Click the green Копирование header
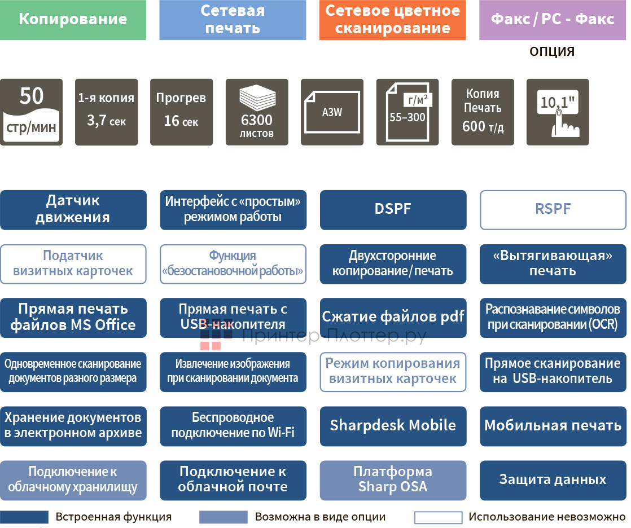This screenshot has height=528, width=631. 73,20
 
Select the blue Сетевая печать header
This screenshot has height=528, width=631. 233,20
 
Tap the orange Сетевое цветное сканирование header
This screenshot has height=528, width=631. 393,20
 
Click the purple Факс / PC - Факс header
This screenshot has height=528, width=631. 553,20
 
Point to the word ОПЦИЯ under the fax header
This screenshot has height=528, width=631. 552,52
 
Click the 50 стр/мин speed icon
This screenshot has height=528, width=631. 31,112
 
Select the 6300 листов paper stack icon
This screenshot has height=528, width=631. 257,112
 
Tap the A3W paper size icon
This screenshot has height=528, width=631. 332,112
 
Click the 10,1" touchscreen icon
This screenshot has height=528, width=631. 558,112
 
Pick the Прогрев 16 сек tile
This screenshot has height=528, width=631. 181,112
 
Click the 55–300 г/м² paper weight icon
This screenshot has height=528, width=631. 407,112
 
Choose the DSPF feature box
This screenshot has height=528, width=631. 393,210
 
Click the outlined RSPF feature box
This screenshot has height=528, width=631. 553,210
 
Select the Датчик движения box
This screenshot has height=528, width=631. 73,210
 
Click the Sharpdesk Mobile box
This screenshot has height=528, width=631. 393,426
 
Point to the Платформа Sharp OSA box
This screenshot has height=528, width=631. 393,480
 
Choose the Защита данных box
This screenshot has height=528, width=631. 553,480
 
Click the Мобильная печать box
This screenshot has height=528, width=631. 553,426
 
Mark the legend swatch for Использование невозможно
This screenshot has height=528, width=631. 438,517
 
